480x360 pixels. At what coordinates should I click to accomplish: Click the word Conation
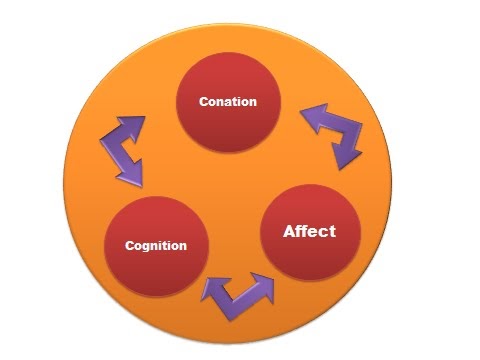pyautogui.click(x=227, y=102)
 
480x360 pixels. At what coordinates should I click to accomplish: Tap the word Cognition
pyautogui.click(x=155, y=245)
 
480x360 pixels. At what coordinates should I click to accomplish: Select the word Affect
pyautogui.click(x=309, y=231)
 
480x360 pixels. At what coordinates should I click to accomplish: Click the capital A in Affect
pyautogui.click(x=290, y=231)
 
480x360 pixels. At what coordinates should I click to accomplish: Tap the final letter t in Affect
pyautogui.click(x=332, y=231)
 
